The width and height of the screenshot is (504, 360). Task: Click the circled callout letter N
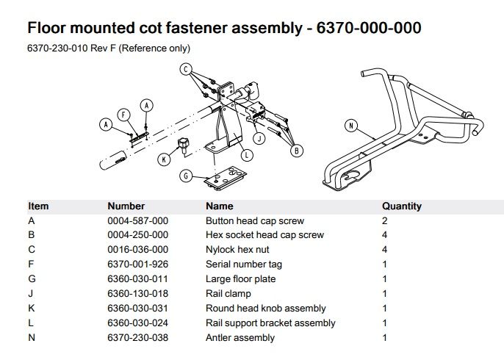coord(351,126)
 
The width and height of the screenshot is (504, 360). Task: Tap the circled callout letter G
coord(186,176)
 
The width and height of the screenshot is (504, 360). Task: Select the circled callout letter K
coord(164,159)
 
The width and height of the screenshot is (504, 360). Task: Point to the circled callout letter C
coord(186,69)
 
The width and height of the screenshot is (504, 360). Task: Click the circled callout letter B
coord(296,151)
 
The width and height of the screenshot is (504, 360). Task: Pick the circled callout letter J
coord(259,139)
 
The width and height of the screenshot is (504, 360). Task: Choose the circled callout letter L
coord(247,155)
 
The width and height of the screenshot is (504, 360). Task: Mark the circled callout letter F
coord(123,115)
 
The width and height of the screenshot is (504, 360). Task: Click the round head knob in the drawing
coord(183,145)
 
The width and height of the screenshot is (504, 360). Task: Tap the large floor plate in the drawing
coord(226,179)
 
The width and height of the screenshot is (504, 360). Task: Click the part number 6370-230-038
coord(138,338)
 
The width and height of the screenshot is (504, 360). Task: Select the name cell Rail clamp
coord(228,294)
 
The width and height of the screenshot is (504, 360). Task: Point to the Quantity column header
coord(402,206)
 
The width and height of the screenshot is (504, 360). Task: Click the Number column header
coord(126,206)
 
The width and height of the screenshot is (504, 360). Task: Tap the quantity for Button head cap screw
coord(385,221)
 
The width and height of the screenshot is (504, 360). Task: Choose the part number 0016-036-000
coord(138,250)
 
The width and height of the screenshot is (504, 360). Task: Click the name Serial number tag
coord(244,264)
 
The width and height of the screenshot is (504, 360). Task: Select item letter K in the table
coord(31,309)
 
